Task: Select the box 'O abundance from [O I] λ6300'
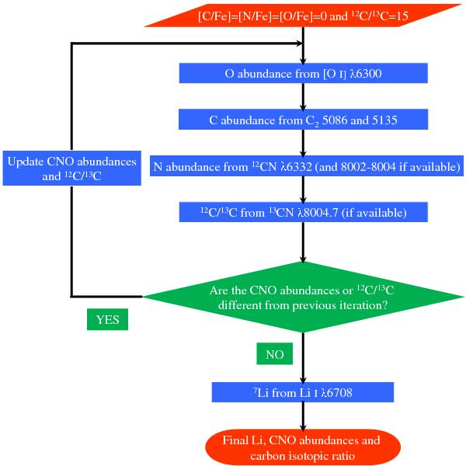303,74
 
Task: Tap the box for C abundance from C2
303,120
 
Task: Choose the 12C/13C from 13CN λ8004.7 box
303,211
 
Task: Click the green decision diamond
303,297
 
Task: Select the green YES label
107,320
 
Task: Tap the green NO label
273,355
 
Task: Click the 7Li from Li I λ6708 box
303,391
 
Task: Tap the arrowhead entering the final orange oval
304,424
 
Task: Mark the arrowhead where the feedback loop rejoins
297,42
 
